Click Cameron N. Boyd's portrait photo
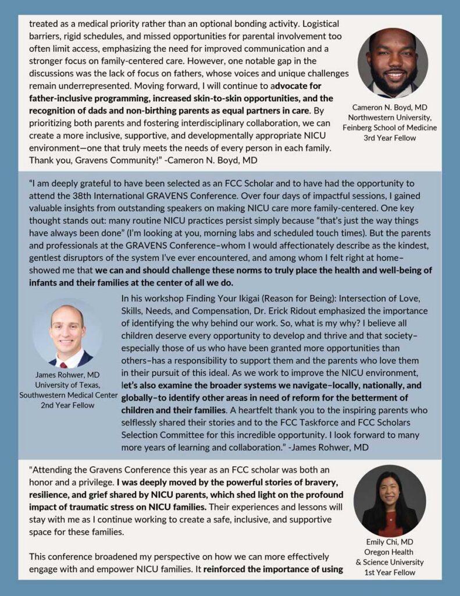coord(393,62)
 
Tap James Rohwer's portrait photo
coord(67,332)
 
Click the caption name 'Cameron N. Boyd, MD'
coord(393,107)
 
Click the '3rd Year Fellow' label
coord(393,137)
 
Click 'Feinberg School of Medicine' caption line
coord(393,127)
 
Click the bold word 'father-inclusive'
coord(62,98)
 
